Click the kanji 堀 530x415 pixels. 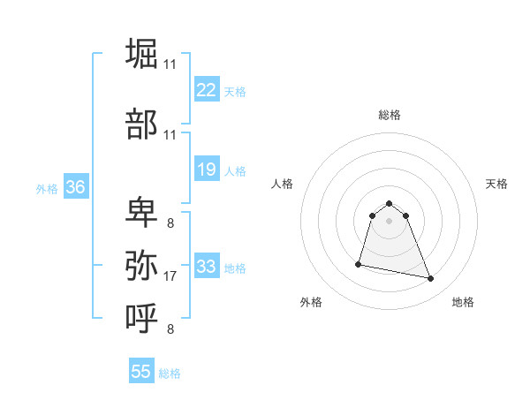(x=142, y=53)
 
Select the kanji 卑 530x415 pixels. (x=142, y=213)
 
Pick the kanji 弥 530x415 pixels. (x=142, y=264)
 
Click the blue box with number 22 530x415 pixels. (x=207, y=89)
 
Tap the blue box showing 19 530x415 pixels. (x=207, y=170)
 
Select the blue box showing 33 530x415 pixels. (x=207, y=266)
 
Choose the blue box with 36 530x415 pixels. (x=75, y=187)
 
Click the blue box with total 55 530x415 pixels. (x=141, y=372)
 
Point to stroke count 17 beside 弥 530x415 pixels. (x=170, y=276)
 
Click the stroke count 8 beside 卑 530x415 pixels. (x=170, y=223)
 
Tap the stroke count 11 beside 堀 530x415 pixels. (x=170, y=64)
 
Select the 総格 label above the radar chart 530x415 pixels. (x=390, y=115)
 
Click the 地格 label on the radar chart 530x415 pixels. (x=463, y=302)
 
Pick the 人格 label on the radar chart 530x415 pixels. (x=283, y=184)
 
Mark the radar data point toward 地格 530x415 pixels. (x=431, y=279)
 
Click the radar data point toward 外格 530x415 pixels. (x=359, y=263)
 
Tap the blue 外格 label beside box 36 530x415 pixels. (x=47, y=189)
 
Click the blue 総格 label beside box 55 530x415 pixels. (x=170, y=373)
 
